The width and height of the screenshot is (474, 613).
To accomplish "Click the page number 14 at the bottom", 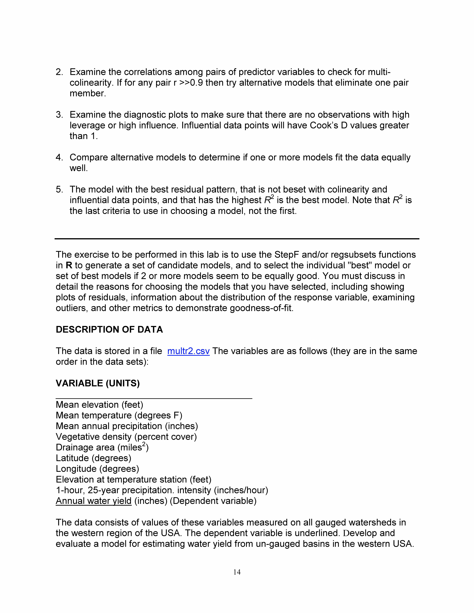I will coord(237,572).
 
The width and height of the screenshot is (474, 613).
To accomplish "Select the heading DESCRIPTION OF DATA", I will coord(109,330).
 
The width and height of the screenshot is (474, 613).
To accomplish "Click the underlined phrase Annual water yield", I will coord(94,501).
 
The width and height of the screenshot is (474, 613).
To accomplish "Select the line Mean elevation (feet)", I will coord(99,405).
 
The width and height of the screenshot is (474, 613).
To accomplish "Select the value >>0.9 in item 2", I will coord(193,83).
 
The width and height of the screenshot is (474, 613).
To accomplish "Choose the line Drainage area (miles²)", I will coord(102,447).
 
